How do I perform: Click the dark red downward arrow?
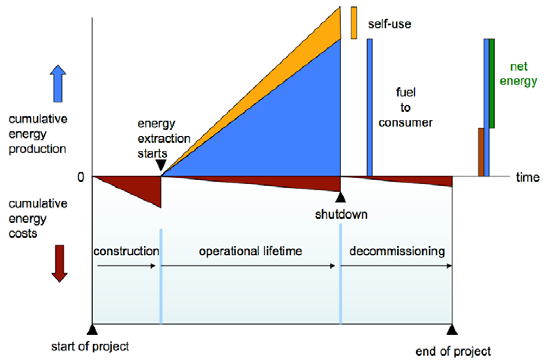tap(59, 263)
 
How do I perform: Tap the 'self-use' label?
tap(389, 24)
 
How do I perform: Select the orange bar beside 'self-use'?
tap(354, 22)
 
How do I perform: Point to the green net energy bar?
tap(492, 83)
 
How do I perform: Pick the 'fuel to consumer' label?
tap(405, 107)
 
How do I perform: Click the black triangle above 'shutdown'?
tap(341, 198)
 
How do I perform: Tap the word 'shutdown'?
tap(341, 214)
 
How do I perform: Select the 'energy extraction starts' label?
tap(164, 139)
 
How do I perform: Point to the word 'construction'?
tap(126, 251)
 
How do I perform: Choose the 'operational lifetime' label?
tap(250, 251)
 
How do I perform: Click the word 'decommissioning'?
tap(397, 251)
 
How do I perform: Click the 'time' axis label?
tap(528, 177)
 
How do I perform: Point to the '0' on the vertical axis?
tap(81, 177)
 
